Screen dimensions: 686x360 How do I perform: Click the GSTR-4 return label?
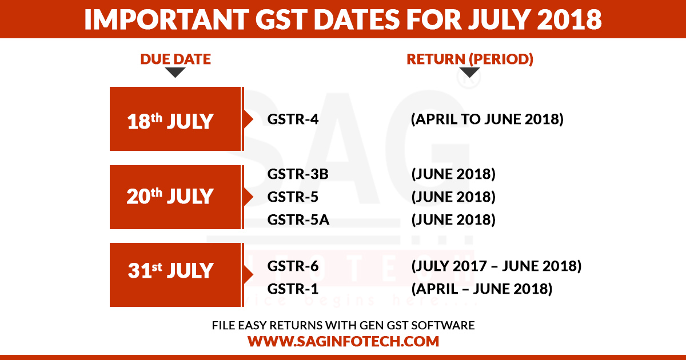click(293, 119)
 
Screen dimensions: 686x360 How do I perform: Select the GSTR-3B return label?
click(298, 174)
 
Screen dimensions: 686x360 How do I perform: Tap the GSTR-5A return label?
click(298, 219)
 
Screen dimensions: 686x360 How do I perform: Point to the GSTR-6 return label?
click(293, 266)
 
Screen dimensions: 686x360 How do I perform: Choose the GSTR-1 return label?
click(293, 289)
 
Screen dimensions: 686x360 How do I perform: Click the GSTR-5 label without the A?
click(293, 197)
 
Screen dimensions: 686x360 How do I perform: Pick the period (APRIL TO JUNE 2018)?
click(487, 119)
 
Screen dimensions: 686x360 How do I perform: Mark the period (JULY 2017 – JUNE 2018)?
click(496, 266)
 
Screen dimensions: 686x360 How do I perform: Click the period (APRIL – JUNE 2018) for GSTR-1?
click(482, 289)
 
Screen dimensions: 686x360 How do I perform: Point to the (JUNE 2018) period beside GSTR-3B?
click(453, 174)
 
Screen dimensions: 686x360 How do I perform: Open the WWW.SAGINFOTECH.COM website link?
click(344, 341)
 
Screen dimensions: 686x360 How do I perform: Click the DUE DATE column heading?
click(176, 59)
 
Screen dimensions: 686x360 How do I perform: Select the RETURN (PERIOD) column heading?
click(470, 59)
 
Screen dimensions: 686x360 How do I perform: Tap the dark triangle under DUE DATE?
click(175, 72)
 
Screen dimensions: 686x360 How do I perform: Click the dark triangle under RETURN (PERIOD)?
click(469, 72)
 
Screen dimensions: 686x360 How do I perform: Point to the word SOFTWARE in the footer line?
click(443, 325)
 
